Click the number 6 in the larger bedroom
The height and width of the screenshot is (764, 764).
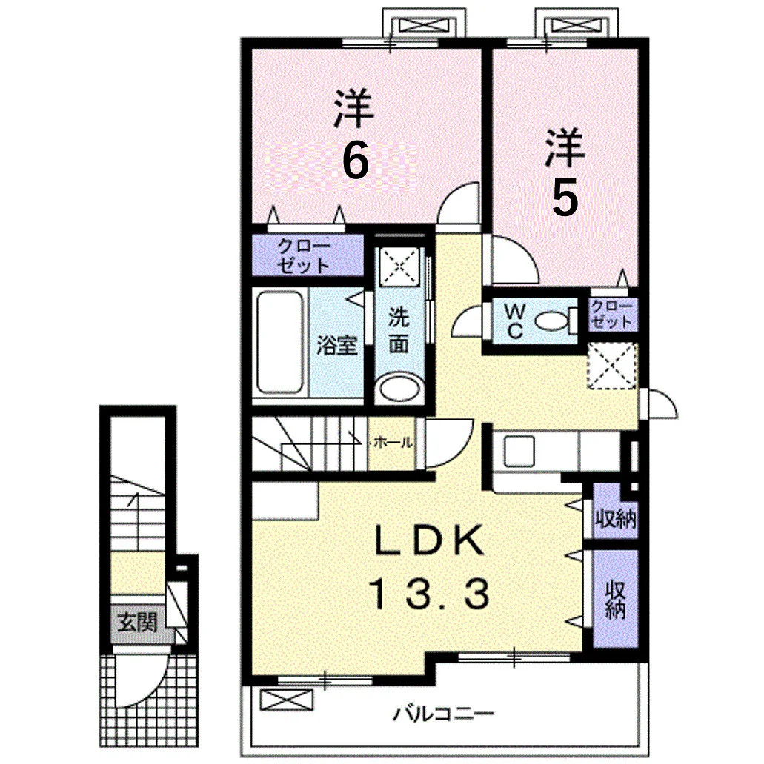point(355,161)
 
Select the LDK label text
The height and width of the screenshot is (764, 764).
point(429,541)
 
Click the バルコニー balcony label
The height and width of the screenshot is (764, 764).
point(443,715)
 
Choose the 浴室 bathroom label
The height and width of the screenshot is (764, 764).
point(337,345)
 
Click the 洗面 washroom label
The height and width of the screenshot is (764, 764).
point(399,331)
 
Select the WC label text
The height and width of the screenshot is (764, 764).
point(515,321)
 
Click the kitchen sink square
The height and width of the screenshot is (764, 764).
point(519,451)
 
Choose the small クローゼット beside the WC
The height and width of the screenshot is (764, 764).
point(612,315)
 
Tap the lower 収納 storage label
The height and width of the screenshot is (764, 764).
point(616,600)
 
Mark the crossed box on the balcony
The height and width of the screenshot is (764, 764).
point(286,700)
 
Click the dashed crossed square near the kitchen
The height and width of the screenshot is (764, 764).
point(612,366)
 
